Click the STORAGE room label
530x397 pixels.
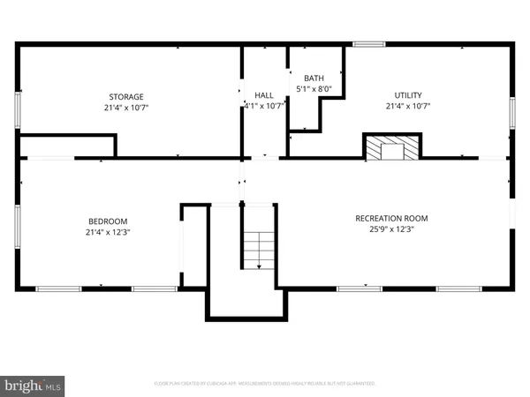point(126,95)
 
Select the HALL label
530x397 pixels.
point(263,95)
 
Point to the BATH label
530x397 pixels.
point(314,78)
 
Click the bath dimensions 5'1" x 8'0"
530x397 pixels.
point(314,88)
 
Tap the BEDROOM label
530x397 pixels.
point(108,221)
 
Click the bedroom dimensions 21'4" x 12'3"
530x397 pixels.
point(108,232)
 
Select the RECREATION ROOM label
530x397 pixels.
point(391,219)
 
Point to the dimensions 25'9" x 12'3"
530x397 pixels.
point(391,229)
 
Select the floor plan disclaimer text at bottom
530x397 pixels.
point(265,384)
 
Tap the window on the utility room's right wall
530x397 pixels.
point(511,113)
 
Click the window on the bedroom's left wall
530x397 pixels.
point(18,223)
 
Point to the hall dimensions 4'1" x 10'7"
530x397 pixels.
point(263,106)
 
